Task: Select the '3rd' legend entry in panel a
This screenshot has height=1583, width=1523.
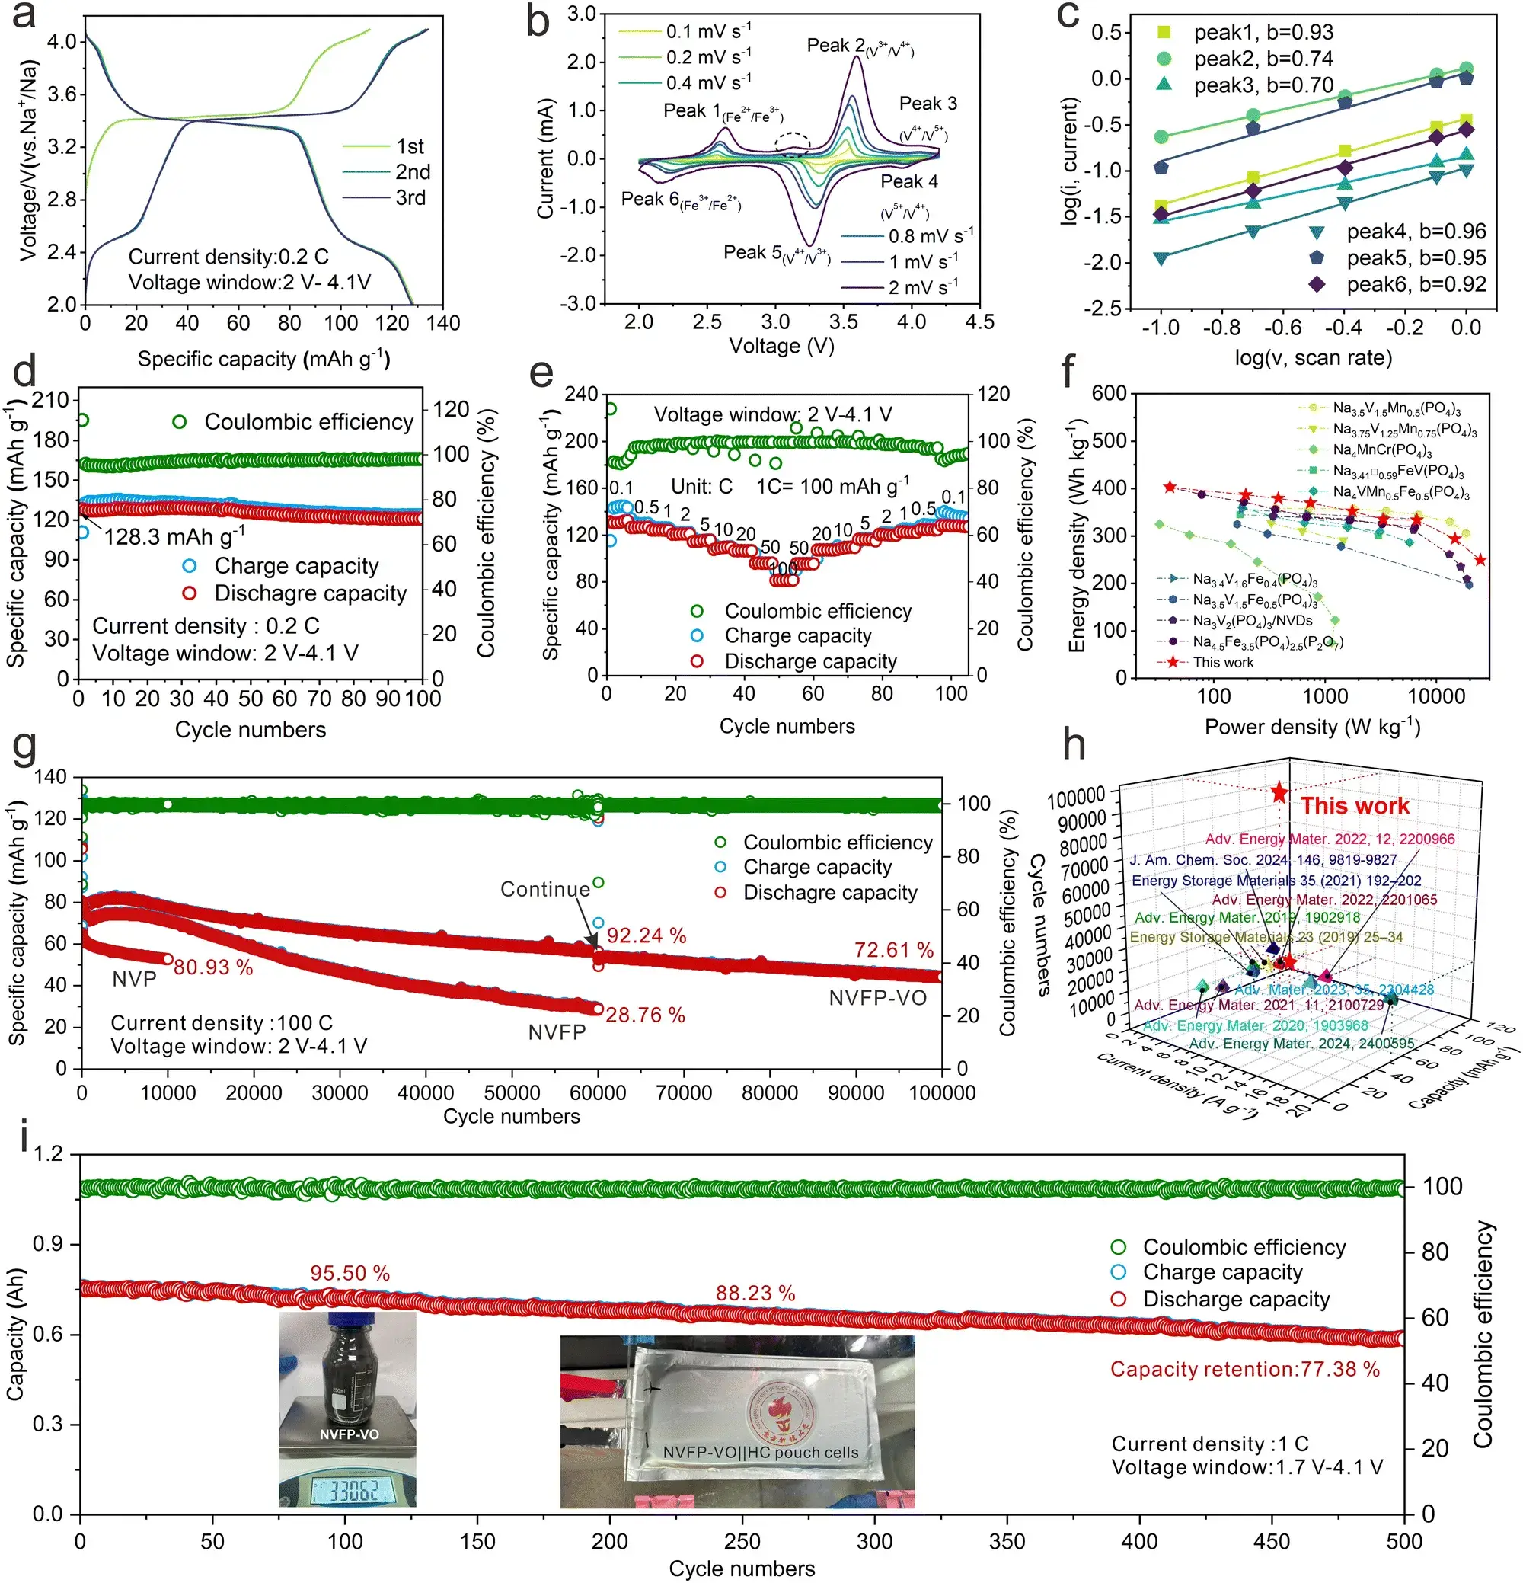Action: (410, 198)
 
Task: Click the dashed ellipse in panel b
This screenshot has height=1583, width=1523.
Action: (792, 145)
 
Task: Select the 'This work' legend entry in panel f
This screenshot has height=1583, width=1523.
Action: (1223, 662)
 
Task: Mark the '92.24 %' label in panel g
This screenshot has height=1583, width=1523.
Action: (646, 935)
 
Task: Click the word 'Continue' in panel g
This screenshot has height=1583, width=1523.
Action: (545, 889)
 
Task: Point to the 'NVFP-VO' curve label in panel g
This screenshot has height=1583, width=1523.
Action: (877, 998)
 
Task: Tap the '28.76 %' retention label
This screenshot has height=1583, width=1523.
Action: (645, 1015)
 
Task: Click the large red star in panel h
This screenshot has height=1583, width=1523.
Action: (1279, 792)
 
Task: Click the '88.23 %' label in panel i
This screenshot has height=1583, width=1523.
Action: (755, 1293)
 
